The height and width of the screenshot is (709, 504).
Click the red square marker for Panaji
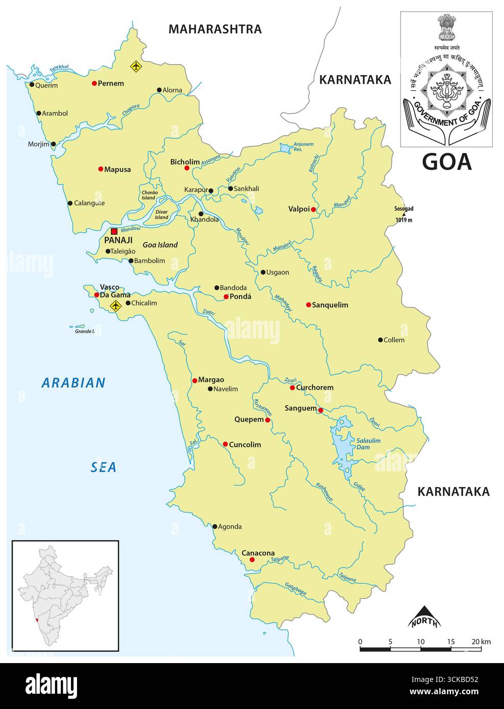[114, 231]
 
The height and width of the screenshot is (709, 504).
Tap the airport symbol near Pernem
[136, 66]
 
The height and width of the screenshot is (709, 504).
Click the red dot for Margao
[194, 380]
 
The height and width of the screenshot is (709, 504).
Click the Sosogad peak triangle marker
[404, 214]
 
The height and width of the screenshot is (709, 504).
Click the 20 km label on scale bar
[481, 641]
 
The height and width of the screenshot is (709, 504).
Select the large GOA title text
[447, 162]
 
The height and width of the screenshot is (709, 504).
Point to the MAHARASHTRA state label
[215, 29]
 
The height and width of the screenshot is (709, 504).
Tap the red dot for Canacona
[252, 560]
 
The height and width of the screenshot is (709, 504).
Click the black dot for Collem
[380, 340]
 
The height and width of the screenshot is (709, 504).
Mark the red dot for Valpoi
[313, 209]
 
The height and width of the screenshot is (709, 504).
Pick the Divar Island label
[161, 214]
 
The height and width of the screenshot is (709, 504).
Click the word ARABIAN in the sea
[73, 383]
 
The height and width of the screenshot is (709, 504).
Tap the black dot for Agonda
[215, 526]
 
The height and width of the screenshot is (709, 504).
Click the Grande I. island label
[85, 331]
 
